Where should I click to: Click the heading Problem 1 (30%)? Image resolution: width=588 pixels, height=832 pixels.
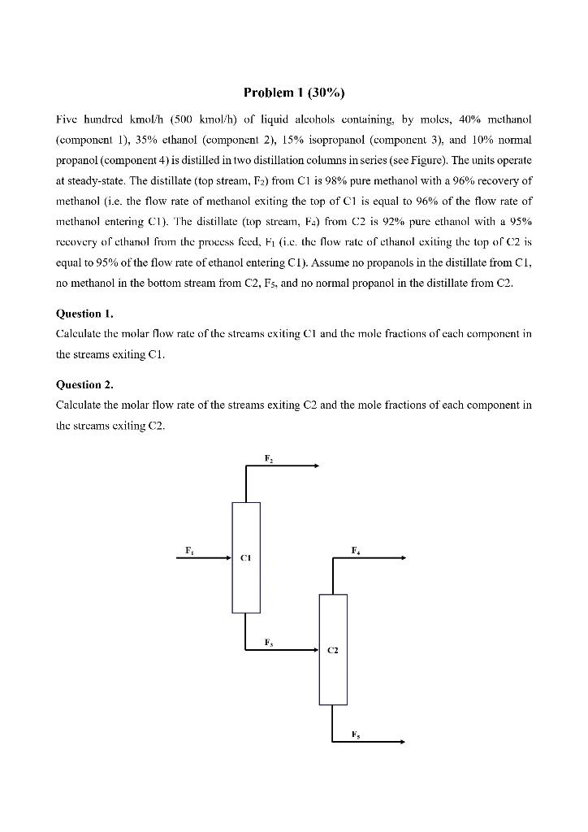pos(293,91)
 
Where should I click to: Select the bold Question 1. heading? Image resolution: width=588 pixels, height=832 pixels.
pos(84,313)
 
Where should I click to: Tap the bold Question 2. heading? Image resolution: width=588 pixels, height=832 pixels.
pos(84,384)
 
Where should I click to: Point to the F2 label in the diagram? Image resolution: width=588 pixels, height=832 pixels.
pos(268,459)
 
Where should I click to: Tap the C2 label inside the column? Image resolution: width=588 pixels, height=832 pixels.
pos(332,651)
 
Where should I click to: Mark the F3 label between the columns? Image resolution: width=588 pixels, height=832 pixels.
pos(268,643)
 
